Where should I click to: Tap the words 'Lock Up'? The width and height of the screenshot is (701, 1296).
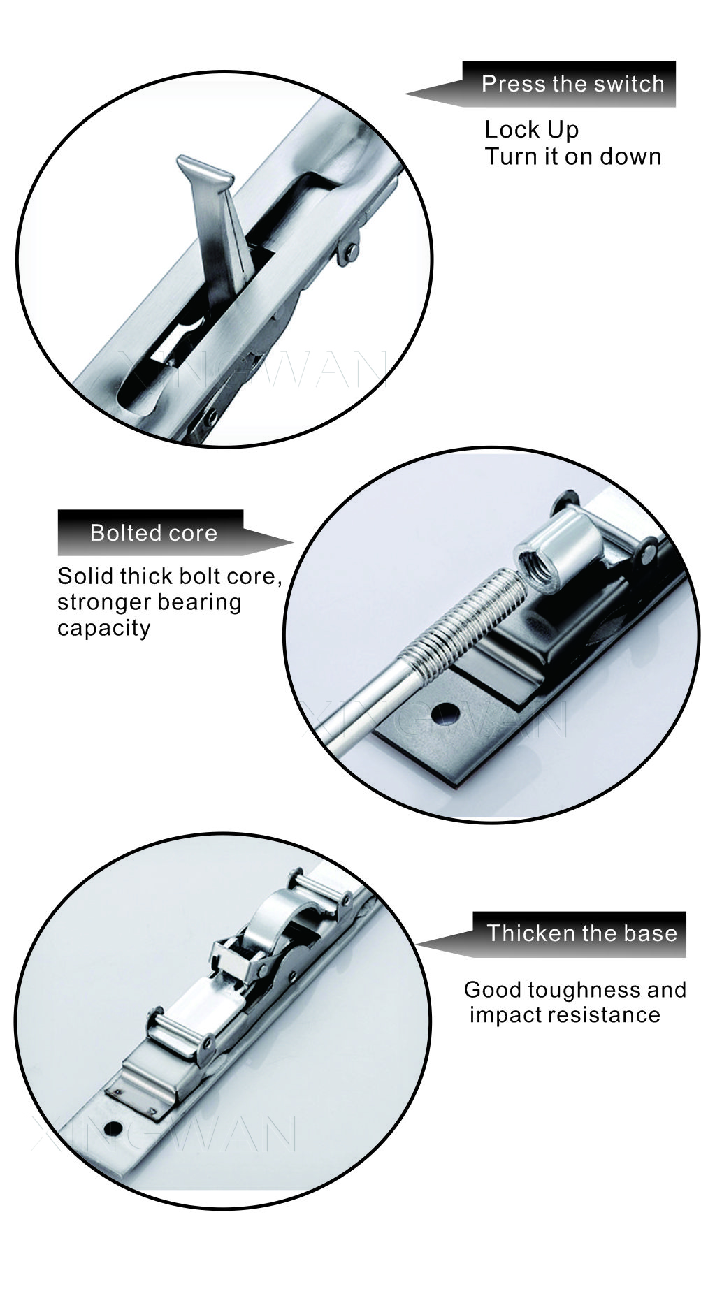pos(532,130)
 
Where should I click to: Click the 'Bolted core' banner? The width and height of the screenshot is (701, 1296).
pos(175,532)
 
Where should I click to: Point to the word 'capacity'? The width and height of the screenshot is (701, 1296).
pos(104,628)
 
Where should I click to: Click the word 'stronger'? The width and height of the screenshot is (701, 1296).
pos(103,602)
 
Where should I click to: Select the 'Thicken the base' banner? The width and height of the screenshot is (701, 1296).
pos(552,933)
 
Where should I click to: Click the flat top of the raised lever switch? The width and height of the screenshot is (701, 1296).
pos(203,170)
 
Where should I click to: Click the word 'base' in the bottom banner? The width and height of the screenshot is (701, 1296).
pos(651,933)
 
